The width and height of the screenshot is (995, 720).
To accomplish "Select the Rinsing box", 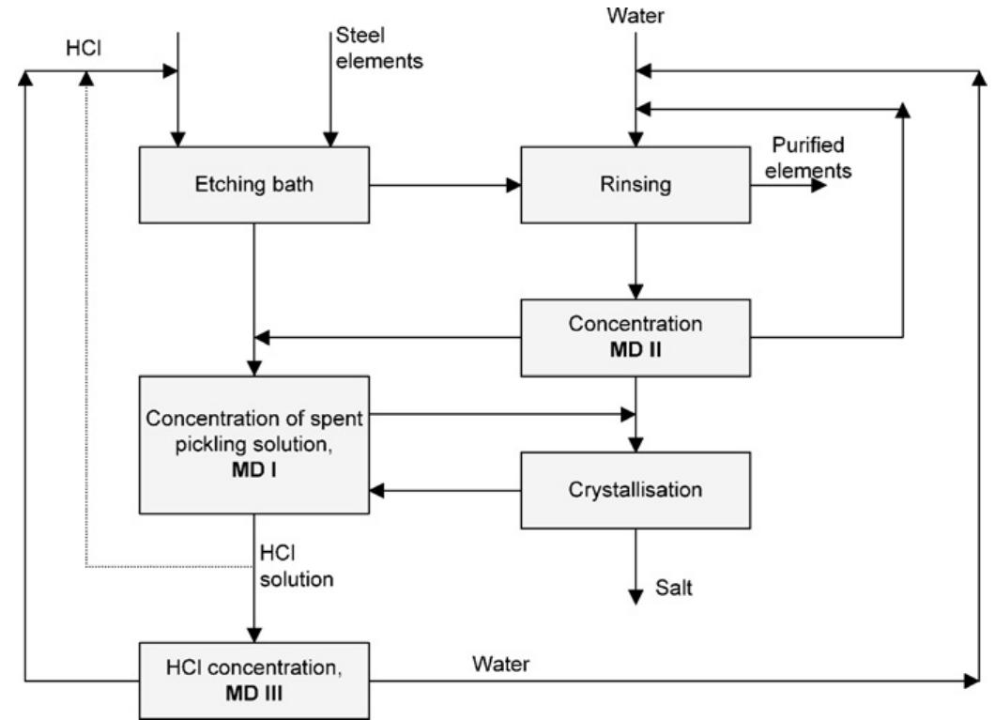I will point(635,185).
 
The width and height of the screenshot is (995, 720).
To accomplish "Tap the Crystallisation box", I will point(635,490).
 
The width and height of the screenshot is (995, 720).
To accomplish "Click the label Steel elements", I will point(378,50).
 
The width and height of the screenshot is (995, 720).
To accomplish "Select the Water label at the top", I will point(635,16).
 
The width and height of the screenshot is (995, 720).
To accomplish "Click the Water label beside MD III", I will point(500,664).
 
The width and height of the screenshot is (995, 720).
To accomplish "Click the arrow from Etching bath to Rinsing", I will point(445,185).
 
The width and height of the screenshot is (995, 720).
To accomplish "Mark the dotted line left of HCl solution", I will point(169,566).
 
